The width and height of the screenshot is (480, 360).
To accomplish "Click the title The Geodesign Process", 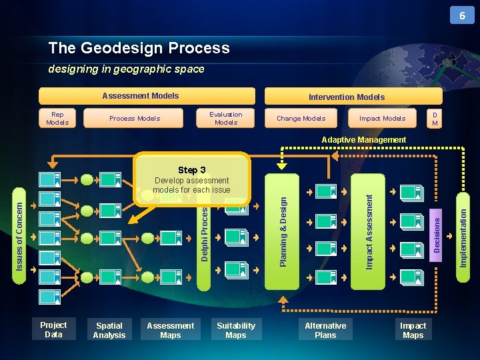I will click(139, 48).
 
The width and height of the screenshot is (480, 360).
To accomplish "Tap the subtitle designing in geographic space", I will click(126, 69).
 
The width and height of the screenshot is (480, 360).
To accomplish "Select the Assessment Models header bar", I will click(147, 96).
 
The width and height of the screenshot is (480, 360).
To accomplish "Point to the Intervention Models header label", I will click(346, 97).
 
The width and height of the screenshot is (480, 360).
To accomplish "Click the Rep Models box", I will click(57, 119).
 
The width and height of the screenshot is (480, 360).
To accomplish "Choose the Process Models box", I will click(135, 119).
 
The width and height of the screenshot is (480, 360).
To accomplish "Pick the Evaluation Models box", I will click(226, 119).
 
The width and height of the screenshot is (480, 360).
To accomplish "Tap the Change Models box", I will click(301, 119).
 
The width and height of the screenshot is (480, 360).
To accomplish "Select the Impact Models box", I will click(382, 119).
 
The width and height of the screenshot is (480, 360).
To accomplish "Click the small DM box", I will click(435, 119).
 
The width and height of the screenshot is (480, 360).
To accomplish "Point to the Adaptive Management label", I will click(363, 140).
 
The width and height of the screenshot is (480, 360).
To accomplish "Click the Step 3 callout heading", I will click(192, 170).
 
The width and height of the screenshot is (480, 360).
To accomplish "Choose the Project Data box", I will click(53, 330).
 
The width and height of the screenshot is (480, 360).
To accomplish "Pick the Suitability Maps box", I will click(235, 330).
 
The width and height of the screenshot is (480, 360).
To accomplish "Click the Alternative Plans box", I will click(325, 330).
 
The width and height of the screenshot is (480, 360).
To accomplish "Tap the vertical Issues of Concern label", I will click(19, 227).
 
